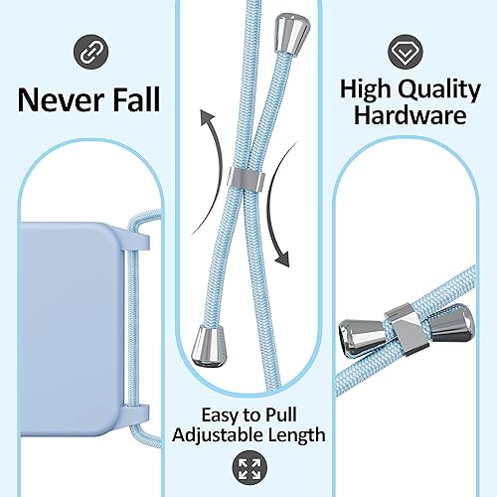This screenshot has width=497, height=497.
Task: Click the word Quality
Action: pos(436,88)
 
